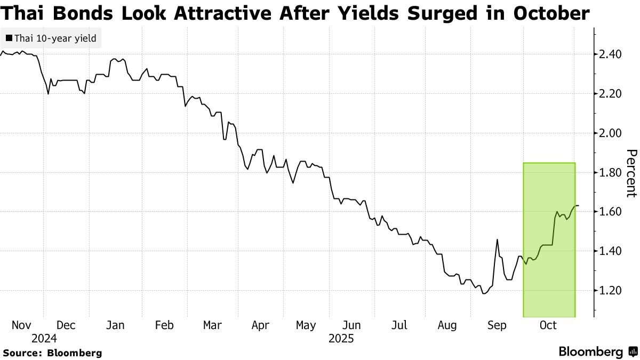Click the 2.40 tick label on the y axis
pyautogui.click(x=610, y=54)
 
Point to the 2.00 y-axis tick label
pyautogui.click(x=610, y=133)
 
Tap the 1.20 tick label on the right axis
pyautogui.click(x=610, y=291)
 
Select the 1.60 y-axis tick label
pyautogui.click(x=610, y=212)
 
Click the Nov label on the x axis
pyautogui.click(x=22, y=325)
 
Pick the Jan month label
pyautogui.click(x=116, y=325)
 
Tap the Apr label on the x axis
pyautogui.click(x=260, y=325)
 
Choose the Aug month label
pyautogui.click(x=447, y=325)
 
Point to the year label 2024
pyautogui.click(x=44, y=338)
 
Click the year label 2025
pyautogui.click(x=341, y=338)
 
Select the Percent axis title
pyautogui.click(x=631, y=173)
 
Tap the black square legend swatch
pyautogui.click(x=9, y=38)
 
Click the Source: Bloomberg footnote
pyautogui.click(x=52, y=353)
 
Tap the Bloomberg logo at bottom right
pyautogui.click(x=597, y=352)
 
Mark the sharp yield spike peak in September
pyautogui.click(x=497, y=239)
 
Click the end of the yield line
pyautogui.click(x=579, y=206)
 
